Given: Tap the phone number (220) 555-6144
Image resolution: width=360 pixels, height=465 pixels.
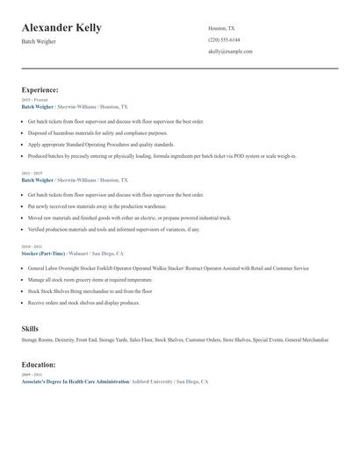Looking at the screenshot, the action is pyautogui.click(x=224, y=39).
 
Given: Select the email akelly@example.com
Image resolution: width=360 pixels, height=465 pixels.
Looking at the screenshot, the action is pyautogui.click(x=230, y=52).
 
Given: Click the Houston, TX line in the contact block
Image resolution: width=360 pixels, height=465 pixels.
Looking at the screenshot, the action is pyautogui.click(x=221, y=28).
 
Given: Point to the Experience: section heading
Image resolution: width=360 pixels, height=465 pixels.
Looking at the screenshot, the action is pyautogui.click(x=40, y=89).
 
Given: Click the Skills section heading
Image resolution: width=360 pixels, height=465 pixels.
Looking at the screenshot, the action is pyautogui.click(x=30, y=327).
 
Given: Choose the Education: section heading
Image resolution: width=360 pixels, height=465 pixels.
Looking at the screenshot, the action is pyautogui.click(x=40, y=364).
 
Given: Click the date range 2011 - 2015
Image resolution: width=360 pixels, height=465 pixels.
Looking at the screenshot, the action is pyautogui.click(x=30, y=173).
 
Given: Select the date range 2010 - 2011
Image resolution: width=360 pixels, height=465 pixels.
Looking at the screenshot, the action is pyautogui.click(x=30, y=247).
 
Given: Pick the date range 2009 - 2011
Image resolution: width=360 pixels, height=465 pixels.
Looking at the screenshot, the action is pyautogui.click(x=30, y=375).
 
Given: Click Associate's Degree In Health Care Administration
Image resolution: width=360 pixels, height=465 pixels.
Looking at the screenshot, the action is pyautogui.click(x=74, y=382).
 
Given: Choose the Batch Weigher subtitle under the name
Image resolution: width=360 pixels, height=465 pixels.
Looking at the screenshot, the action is pyautogui.click(x=39, y=41).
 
